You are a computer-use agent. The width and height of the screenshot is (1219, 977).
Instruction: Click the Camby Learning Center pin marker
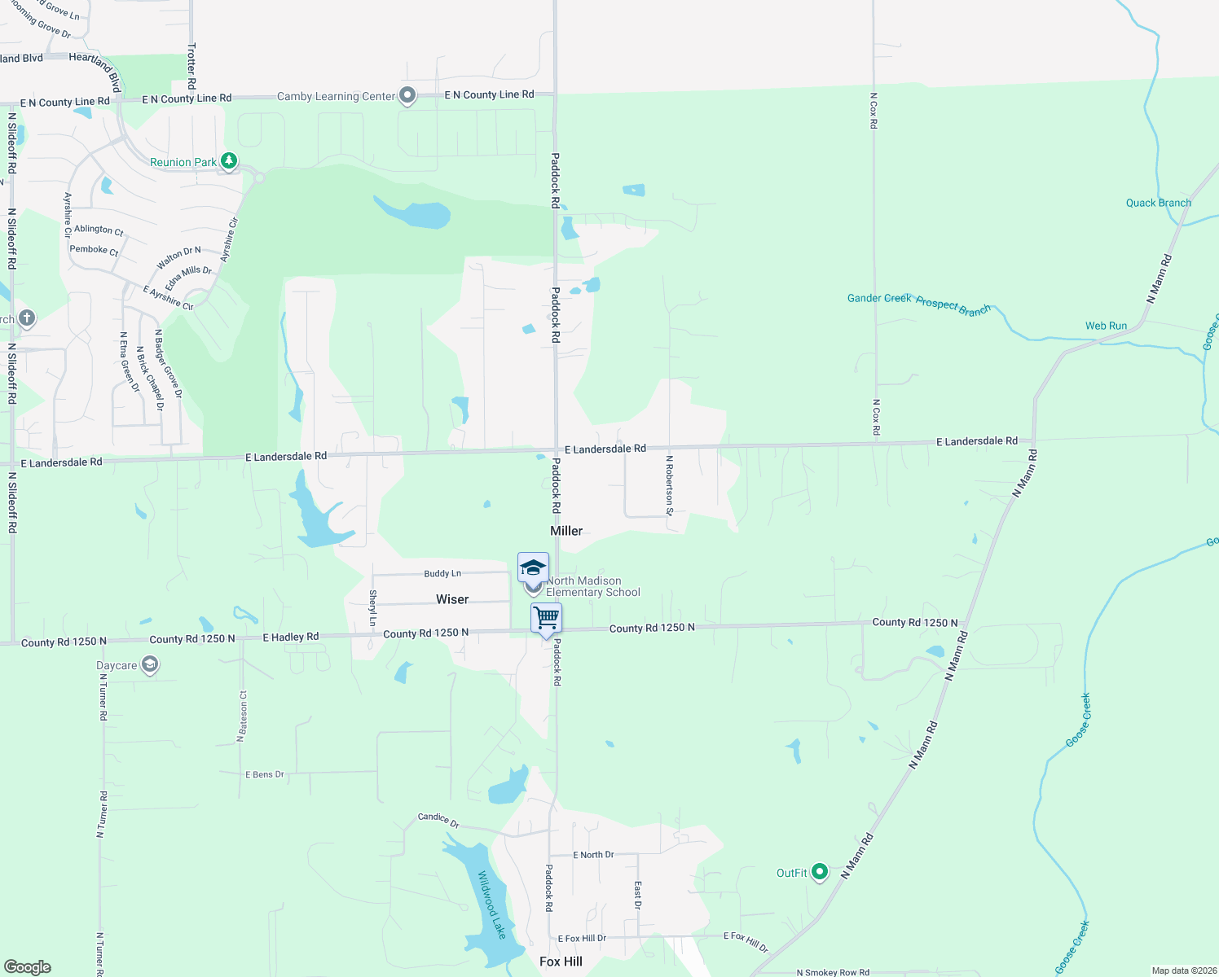[x=407, y=96]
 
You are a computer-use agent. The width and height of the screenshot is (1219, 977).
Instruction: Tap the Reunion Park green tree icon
[x=229, y=161]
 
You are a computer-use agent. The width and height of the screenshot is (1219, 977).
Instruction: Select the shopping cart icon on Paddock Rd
[x=546, y=618]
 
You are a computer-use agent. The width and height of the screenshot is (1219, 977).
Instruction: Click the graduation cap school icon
[x=533, y=567]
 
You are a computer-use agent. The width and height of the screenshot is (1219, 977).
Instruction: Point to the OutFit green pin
[x=820, y=873]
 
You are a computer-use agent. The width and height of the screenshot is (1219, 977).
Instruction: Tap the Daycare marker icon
[x=149, y=665]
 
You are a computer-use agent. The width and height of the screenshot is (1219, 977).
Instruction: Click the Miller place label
[x=566, y=531]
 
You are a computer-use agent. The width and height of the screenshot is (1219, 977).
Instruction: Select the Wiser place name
[x=452, y=599]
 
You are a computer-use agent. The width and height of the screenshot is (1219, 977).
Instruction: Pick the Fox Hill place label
[x=561, y=962]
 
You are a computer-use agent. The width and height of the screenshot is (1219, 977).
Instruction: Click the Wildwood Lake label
[x=491, y=905]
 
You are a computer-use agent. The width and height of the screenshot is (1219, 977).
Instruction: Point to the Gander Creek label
[x=879, y=298]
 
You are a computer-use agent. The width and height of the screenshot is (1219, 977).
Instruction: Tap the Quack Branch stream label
[x=1158, y=203]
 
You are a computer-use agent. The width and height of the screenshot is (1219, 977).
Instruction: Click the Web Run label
[x=1106, y=326]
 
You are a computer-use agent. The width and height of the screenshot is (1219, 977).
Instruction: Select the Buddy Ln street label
[x=442, y=574]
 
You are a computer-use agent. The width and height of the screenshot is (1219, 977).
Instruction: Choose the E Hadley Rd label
[x=290, y=637]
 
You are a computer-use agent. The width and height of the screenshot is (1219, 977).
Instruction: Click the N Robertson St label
[x=669, y=485]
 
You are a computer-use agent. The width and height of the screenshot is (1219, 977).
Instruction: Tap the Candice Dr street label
[x=438, y=819]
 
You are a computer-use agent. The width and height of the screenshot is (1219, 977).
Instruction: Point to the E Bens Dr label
[x=265, y=774]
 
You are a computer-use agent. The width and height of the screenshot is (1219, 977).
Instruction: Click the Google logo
[x=28, y=967]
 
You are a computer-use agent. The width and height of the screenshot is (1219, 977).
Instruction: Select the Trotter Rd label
[x=191, y=67]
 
